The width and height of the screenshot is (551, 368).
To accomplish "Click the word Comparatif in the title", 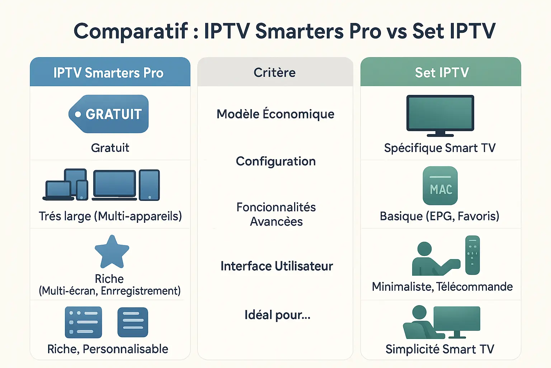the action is (131, 32).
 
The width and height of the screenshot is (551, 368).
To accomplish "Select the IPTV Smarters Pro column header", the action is (110, 72).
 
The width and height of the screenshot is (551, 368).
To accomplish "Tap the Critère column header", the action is (275, 72).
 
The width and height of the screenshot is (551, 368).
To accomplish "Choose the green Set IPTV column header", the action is (441, 72).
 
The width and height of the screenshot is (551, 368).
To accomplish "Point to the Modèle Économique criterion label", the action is (275, 114).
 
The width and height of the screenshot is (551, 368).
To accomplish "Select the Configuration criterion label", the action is (275, 161).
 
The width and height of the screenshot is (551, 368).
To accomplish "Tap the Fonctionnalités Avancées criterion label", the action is (276, 214).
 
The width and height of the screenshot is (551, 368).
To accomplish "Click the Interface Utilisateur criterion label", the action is (277, 266).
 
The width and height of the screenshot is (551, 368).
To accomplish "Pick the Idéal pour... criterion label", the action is (277, 315).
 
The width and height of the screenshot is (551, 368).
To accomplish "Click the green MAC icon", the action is (440, 185).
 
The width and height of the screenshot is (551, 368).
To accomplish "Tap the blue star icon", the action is (112, 252).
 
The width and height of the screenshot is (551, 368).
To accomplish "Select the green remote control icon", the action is (472, 255).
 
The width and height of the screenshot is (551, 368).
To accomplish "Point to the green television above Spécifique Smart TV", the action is (440, 116).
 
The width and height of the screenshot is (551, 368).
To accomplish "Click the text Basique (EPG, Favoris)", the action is (439, 216).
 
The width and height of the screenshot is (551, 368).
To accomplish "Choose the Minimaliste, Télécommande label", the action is (442, 287).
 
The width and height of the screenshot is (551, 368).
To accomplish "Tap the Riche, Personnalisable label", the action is (108, 349).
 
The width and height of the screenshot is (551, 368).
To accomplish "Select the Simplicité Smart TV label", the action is (440, 349).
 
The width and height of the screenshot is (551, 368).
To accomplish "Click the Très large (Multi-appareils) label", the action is (110, 216).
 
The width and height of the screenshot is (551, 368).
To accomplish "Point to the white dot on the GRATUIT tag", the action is (78, 114).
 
